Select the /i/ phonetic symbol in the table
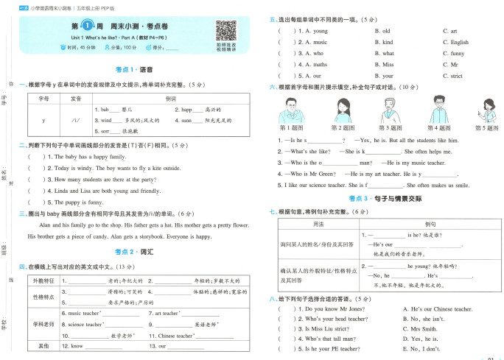[x=75, y=119]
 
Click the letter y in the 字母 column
[x=44, y=119]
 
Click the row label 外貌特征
[x=43, y=280]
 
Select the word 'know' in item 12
[x=77, y=345]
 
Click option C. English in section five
[x=455, y=43]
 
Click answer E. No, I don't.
[x=422, y=349]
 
